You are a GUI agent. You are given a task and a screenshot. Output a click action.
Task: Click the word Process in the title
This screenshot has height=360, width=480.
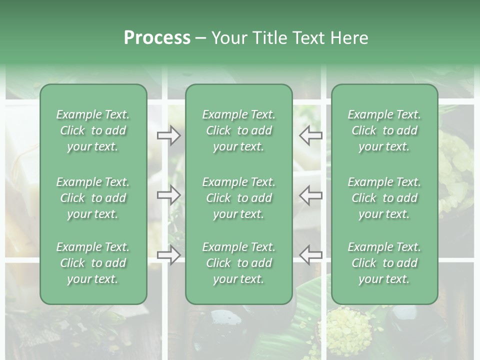[x=157, y=38]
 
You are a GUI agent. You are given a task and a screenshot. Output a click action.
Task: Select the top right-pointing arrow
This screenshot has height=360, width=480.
[x=169, y=135]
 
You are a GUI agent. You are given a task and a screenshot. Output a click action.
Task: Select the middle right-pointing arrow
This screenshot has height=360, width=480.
[x=169, y=195]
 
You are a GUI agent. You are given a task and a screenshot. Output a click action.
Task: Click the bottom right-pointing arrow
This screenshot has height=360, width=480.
[x=169, y=255]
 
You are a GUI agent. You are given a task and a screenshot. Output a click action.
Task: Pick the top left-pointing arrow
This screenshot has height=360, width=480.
[x=310, y=135]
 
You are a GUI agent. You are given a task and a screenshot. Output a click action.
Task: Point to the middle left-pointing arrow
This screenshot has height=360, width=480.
[x=310, y=195]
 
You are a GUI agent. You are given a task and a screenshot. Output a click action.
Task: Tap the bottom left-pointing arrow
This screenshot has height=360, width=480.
[x=310, y=255]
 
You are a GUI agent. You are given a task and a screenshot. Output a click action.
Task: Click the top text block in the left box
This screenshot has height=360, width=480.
[x=93, y=130]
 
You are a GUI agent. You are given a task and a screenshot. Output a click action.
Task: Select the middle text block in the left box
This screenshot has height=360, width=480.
[x=93, y=198]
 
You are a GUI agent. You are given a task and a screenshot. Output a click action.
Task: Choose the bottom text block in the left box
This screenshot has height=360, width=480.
[x=93, y=263]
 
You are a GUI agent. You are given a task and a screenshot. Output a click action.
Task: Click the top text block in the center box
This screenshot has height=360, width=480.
[x=239, y=130]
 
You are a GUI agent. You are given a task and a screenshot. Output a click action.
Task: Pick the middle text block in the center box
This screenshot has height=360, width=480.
[x=239, y=198]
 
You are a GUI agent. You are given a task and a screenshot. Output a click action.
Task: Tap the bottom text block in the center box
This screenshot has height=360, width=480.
[x=239, y=263]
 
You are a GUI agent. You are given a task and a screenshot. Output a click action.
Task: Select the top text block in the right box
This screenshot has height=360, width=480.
[x=384, y=130]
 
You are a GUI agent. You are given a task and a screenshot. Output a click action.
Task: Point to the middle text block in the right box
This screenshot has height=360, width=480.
[x=384, y=198]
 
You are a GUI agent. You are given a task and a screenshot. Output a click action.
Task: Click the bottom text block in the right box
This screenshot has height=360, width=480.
[x=384, y=263]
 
